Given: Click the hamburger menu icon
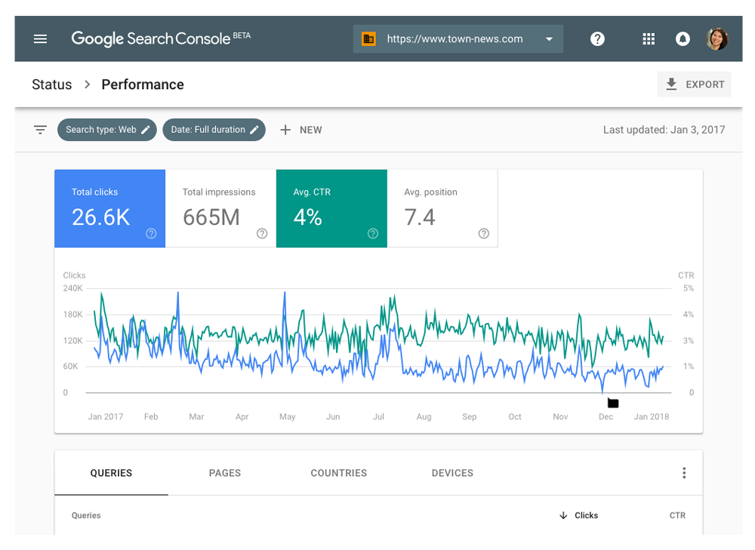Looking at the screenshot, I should click(41, 39).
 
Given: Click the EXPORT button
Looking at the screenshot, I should click(694, 84).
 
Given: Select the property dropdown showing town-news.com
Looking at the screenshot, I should click(458, 39).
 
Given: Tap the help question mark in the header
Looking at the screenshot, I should click(597, 39).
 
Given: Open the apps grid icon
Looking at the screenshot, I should click(649, 39).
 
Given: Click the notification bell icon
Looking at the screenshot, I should click(683, 39).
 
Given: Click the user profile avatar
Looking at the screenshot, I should click(716, 39).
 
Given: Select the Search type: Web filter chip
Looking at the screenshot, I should click(107, 130).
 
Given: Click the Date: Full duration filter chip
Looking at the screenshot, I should click(214, 130).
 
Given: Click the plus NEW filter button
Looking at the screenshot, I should click(301, 130).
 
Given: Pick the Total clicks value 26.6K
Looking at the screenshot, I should click(100, 217).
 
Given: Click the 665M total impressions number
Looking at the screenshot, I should click(211, 217).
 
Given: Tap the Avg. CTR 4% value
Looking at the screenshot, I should click(308, 217).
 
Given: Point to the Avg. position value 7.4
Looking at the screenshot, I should click(420, 217).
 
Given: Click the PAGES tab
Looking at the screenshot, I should click(225, 473).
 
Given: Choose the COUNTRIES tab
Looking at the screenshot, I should click(338, 473).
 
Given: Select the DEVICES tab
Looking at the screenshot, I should click(452, 473).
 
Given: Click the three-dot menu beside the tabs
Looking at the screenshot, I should click(684, 473).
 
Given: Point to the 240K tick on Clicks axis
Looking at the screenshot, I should click(73, 288).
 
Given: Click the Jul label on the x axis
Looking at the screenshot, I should click(379, 416).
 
